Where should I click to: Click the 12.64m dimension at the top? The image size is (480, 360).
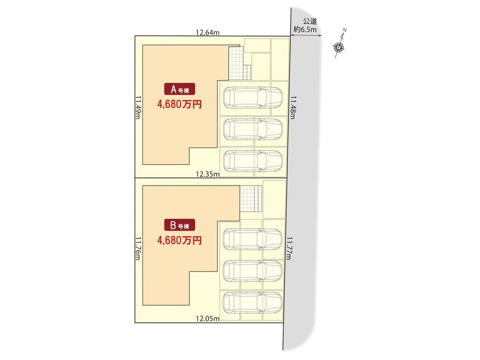tap(207, 32)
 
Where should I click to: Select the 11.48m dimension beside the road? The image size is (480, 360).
tap(293, 107)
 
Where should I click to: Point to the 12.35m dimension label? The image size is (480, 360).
tap(207, 174)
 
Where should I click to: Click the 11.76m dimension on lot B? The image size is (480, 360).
tap(138, 248)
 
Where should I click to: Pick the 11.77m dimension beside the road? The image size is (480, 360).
tap(289, 248)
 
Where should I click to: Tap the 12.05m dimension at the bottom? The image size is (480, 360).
tap(207, 319)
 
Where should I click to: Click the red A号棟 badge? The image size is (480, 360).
tap(179, 90)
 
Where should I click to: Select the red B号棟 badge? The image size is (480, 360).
tap(179, 225)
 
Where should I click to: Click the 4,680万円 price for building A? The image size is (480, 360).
tap(179, 105)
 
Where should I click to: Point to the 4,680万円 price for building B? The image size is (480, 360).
tap(179, 241)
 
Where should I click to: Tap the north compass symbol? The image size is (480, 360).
tap(339, 45)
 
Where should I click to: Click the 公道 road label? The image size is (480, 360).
tap(310, 22)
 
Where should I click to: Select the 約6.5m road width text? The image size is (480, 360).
tap(305, 30)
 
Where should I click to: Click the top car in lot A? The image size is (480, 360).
tap(252, 98)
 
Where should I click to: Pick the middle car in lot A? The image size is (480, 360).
tap(252, 129)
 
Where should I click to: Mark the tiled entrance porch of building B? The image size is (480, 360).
tap(251, 198)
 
